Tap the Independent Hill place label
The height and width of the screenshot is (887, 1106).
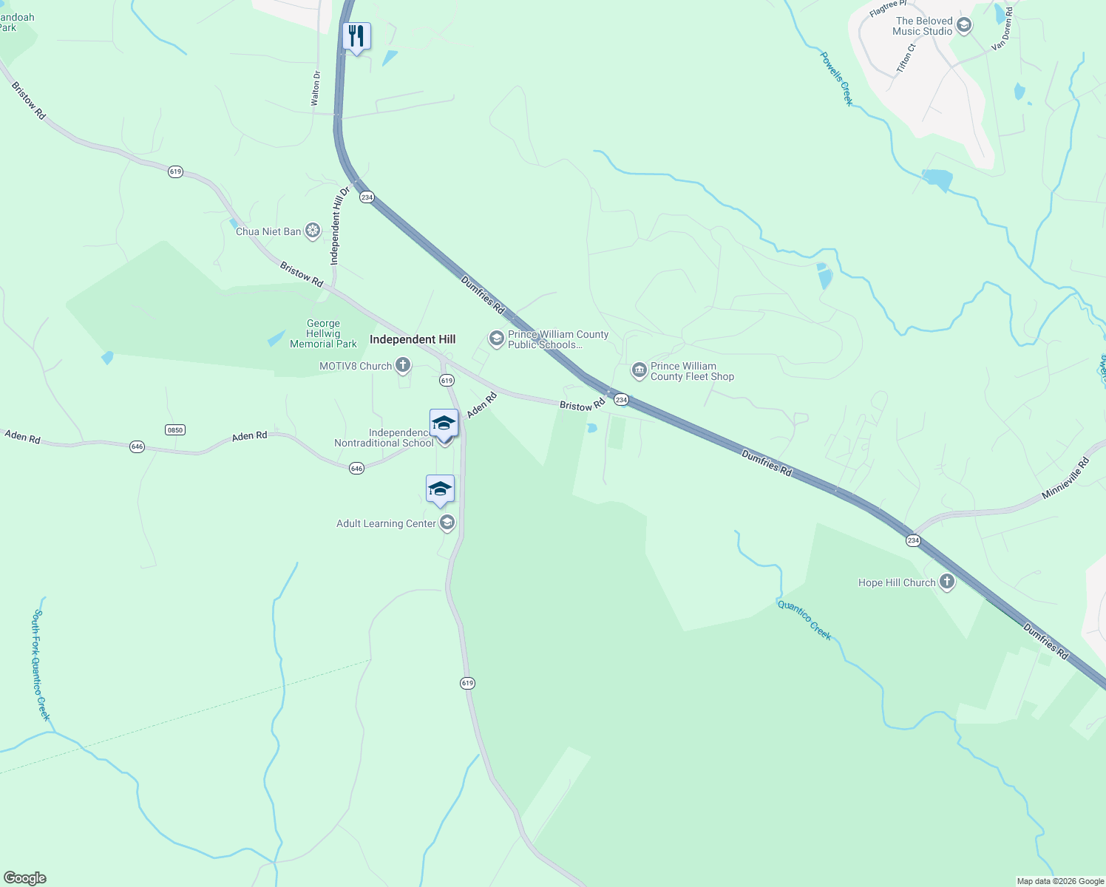coord(413,339)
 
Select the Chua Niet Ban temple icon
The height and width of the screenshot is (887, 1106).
coord(313,231)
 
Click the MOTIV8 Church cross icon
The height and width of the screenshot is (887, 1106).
coord(403,365)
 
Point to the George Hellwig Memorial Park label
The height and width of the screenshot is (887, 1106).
coord(323,333)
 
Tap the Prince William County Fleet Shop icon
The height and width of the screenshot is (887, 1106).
coord(639,370)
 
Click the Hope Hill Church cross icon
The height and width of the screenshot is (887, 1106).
coord(946,582)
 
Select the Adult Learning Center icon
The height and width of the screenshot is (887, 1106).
coord(447,523)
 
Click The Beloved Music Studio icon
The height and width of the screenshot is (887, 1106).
coord(963,26)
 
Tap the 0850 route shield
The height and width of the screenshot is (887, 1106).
coord(174,429)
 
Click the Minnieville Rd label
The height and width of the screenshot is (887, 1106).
coord(1065,478)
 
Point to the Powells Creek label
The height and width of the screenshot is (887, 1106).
coord(836,78)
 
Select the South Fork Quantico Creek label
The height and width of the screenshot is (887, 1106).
coord(41,665)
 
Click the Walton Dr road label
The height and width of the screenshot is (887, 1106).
coord(316,89)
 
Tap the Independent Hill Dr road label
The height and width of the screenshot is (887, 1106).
coord(339,226)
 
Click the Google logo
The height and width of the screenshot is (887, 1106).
coord(24,878)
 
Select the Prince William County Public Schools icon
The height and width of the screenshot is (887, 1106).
coord(496,339)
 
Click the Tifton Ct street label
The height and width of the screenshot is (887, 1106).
coord(906,58)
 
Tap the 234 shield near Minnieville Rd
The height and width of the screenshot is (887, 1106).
coord(913,540)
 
